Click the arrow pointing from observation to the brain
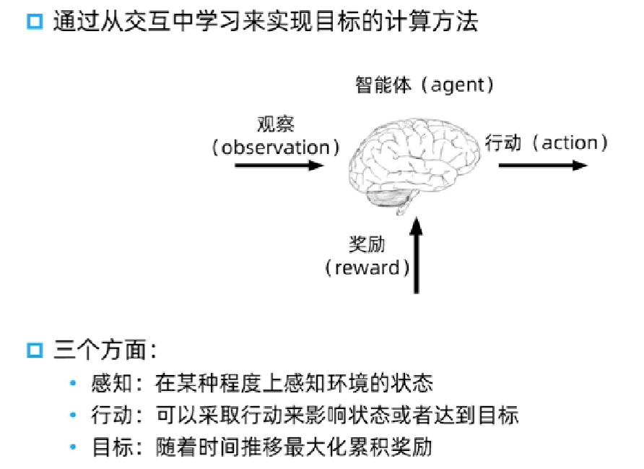[279, 165]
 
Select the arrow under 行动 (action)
[542, 165]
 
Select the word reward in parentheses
[367, 268]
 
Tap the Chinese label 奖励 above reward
[367, 244]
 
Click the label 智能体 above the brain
[383, 85]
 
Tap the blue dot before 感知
[73, 383]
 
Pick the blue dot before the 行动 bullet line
[73, 415]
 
